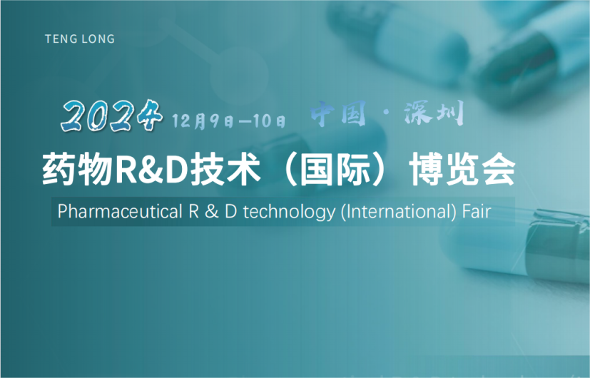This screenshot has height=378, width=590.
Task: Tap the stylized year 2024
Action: [112, 115]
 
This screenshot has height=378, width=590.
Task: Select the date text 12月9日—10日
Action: [228, 121]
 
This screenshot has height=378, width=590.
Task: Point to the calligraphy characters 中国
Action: [338, 113]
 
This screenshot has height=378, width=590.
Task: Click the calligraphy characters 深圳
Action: [434, 113]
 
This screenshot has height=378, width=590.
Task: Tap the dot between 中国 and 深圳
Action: [385, 114]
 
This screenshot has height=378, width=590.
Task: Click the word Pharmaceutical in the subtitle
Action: [120, 211]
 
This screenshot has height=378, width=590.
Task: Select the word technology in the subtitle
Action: [289, 212]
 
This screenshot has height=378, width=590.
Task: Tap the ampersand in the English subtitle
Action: [211, 212]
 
